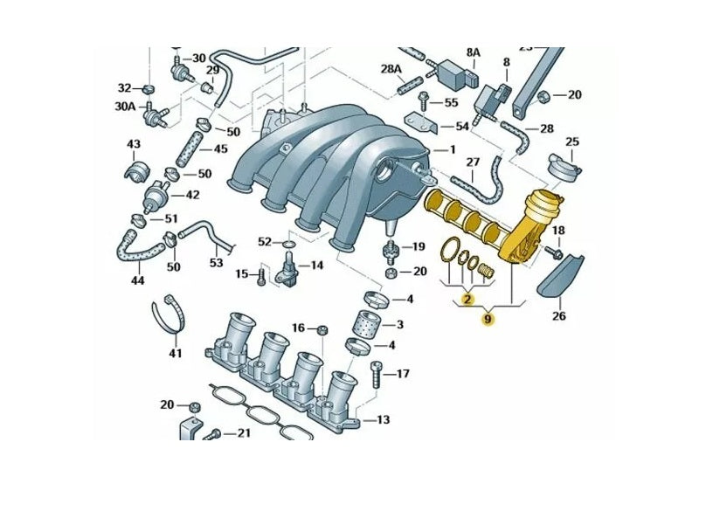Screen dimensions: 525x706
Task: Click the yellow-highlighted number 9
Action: click(488, 319)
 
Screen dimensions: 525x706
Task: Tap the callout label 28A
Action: click(391, 68)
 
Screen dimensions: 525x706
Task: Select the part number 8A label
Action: click(473, 52)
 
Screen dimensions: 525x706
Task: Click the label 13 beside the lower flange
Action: click(383, 420)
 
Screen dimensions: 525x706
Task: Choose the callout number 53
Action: click(216, 261)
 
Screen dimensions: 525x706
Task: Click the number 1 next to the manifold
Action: click(452, 150)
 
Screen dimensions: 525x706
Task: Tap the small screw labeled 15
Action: click(260, 276)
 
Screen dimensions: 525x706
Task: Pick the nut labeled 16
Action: click(321, 329)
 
